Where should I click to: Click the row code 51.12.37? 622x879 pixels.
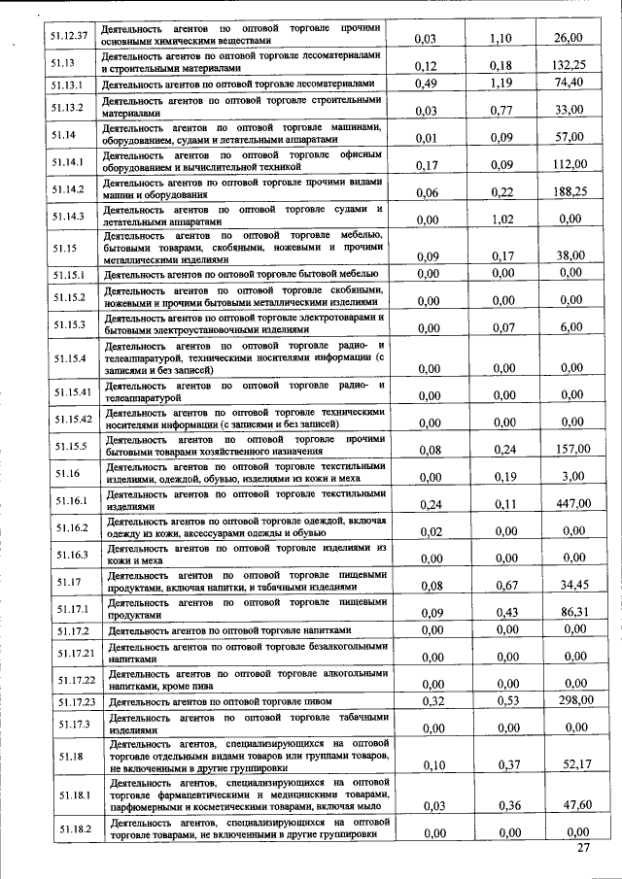coord(69,36)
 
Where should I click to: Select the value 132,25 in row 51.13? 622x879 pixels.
coord(567,65)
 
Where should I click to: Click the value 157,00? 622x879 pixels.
coord(568,449)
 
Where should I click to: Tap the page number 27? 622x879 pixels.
coord(582,849)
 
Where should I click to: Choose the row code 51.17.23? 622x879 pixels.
coord(75,701)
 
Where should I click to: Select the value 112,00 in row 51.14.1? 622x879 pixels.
coord(568,165)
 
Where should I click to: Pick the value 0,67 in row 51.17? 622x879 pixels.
coord(502,586)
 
